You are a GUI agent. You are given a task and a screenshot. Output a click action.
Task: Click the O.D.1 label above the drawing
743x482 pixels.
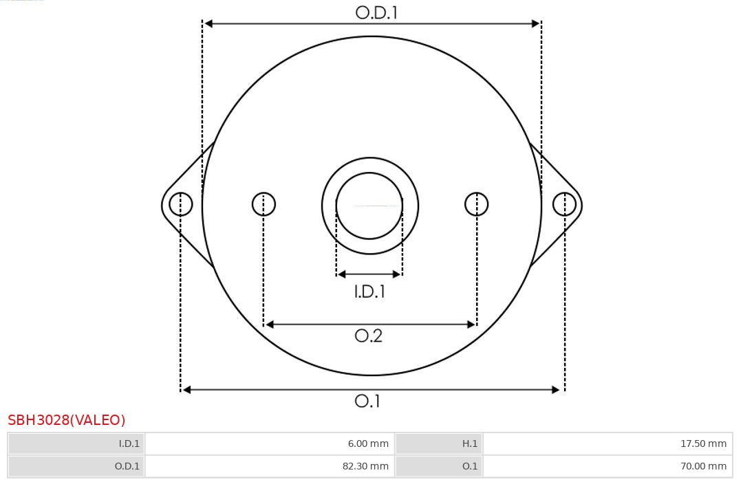click(x=376, y=13)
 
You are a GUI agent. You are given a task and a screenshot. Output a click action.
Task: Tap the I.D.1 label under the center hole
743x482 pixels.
click(x=369, y=291)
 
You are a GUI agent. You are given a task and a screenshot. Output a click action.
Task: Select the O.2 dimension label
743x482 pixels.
click(x=368, y=336)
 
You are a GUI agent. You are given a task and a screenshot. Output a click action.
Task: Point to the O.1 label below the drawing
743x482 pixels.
click(x=367, y=401)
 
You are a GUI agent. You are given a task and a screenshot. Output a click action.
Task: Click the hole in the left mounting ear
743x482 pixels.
click(x=180, y=204)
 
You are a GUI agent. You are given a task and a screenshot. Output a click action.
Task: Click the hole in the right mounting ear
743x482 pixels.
click(x=564, y=204)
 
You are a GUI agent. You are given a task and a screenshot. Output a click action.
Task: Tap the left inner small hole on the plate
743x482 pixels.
click(x=263, y=204)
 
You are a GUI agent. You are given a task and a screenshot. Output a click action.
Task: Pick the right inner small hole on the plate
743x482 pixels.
click(x=476, y=204)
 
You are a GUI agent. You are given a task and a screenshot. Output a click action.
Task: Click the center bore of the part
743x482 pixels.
click(x=369, y=206)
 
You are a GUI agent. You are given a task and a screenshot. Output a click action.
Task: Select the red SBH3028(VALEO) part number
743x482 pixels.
click(x=66, y=420)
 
